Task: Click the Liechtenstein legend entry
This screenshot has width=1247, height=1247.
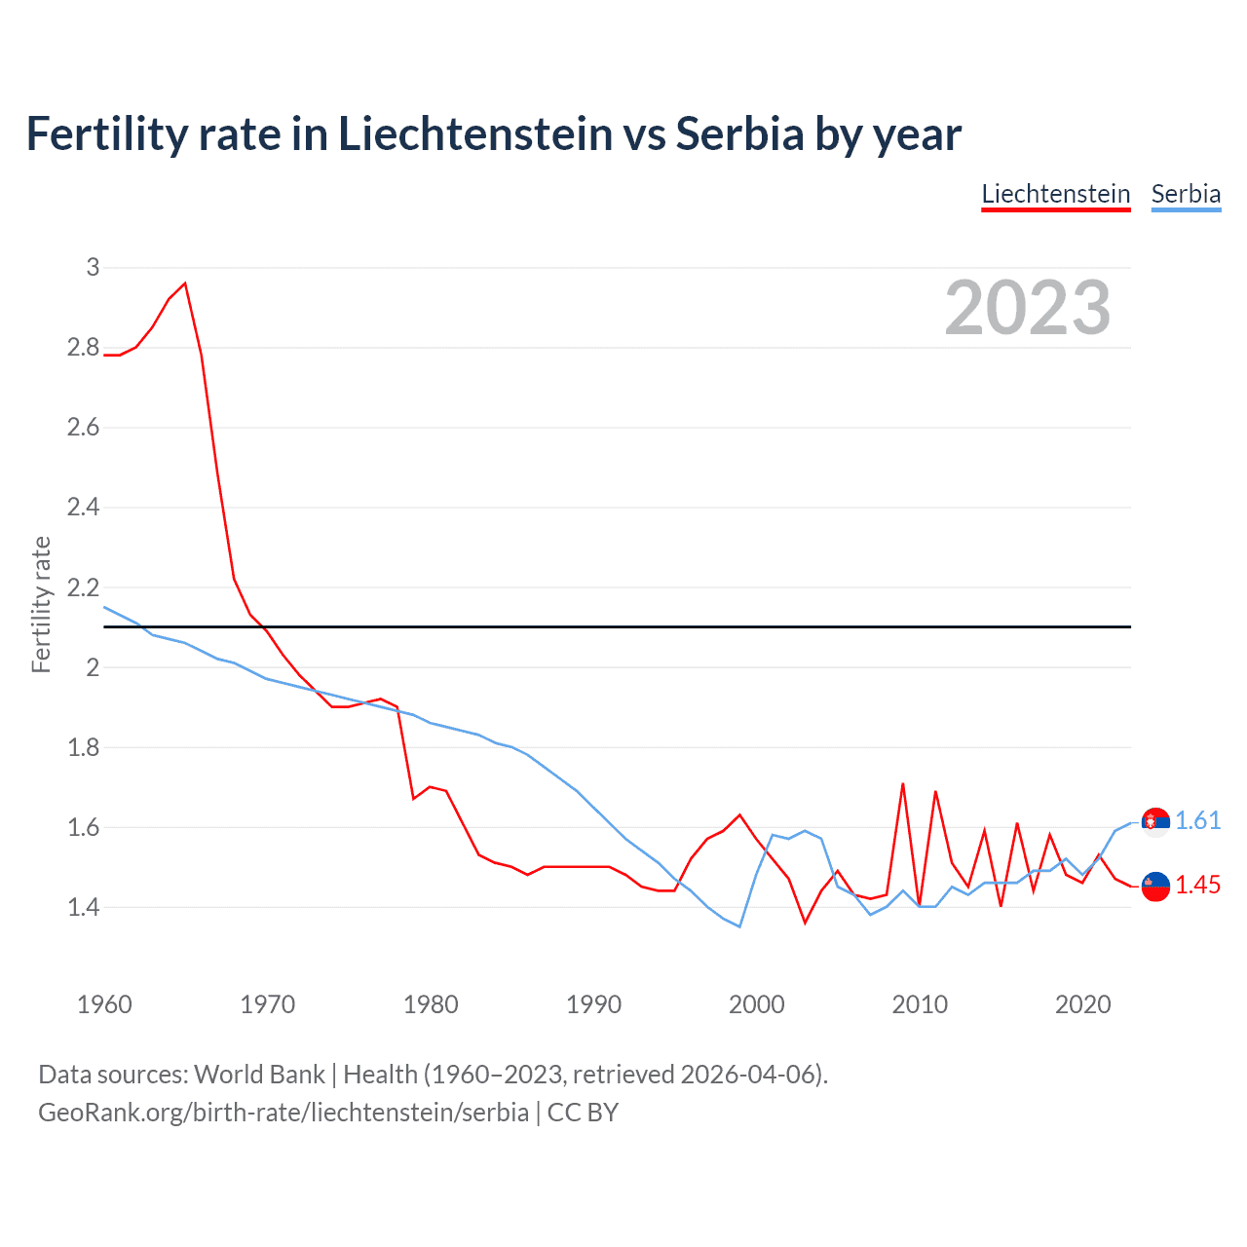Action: click(x=1055, y=194)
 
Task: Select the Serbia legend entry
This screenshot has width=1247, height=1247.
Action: click(x=1186, y=194)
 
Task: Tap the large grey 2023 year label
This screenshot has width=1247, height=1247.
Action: click(x=1028, y=308)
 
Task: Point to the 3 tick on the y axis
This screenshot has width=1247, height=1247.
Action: click(x=93, y=267)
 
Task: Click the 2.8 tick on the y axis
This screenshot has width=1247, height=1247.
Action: click(x=83, y=347)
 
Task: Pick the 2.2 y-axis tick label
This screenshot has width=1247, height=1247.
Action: click(x=83, y=587)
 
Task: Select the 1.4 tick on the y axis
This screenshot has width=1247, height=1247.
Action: click(x=83, y=907)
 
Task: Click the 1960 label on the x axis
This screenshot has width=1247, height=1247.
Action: click(x=104, y=1004)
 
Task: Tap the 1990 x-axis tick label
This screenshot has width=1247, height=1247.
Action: click(x=593, y=1004)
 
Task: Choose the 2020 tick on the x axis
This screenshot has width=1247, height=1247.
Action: click(x=1082, y=1004)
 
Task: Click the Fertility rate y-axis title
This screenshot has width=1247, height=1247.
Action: click(x=41, y=604)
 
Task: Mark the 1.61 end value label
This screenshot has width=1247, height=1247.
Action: click(x=1197, y=820)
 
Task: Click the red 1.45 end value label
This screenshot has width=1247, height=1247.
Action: click(x=1197, y=885)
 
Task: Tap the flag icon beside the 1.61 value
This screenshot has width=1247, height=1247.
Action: click(x=1155, y=822)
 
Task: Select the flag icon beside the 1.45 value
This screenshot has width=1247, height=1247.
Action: click(x=1155, y=886)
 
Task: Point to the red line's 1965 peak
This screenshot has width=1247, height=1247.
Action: click(x=185, y=283)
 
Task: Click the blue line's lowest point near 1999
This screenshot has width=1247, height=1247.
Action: click(x=739, y=926)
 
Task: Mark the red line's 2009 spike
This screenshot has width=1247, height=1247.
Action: click(x=903, y=783)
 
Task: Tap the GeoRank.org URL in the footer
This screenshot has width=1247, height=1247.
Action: click(x=283, y=1112)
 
